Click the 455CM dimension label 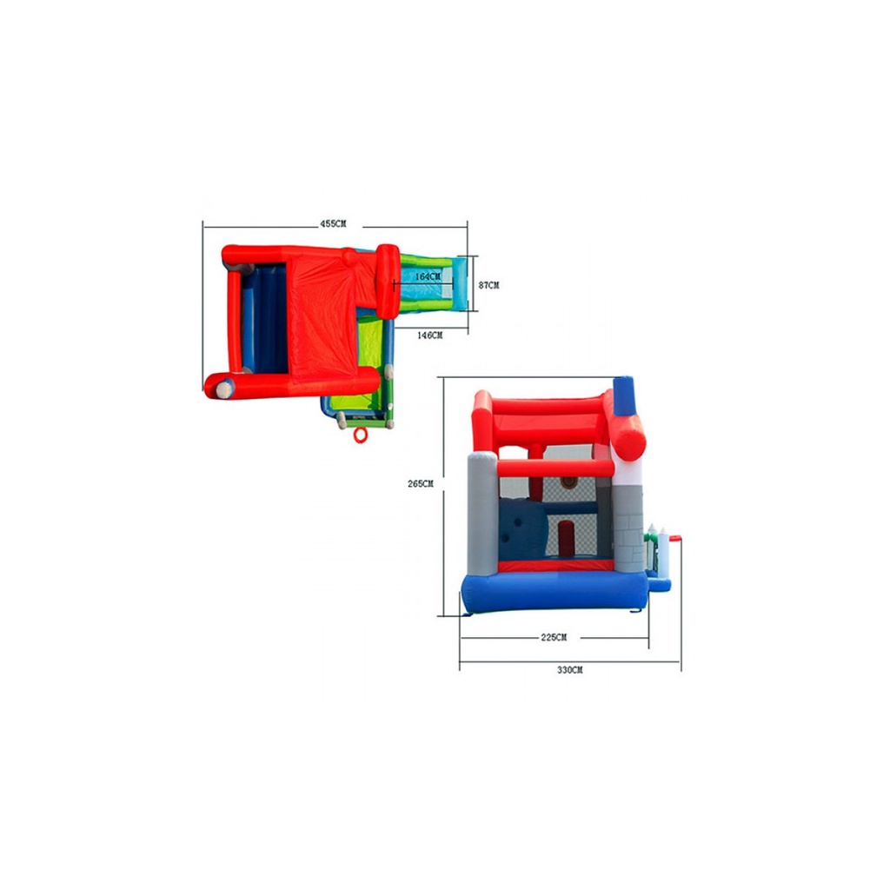pyautogui.click(x=333, y=223)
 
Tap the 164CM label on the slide pyautogui.click(x=428, y=276)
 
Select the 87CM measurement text pyautogui.click(x=488, y=285)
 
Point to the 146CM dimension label pyautogui.click(x=429, y=335)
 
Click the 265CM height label pyautogui.click(x=420, y=483)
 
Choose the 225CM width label pyautogui.click(x=554, y=637)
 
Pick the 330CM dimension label pyautogui.click(x=569, y=670)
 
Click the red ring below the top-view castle pyautogui.click(x=361, y=435)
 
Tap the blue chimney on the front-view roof pyautogui.click(x=624, y=395)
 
